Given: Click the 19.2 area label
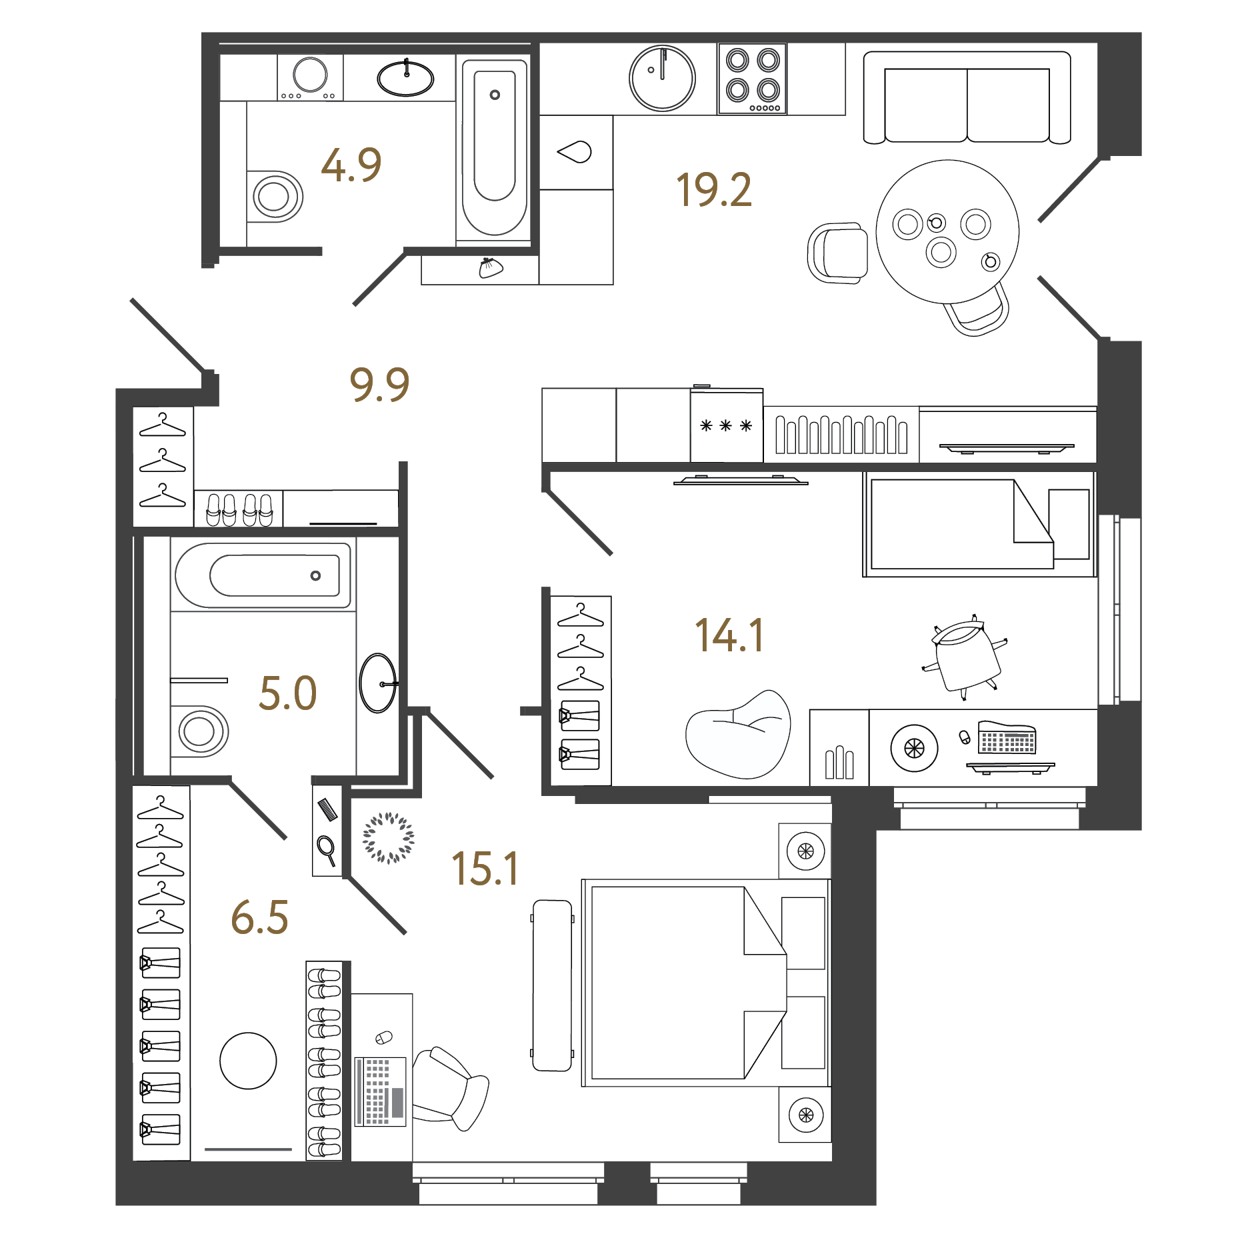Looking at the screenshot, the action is tap(714, 190).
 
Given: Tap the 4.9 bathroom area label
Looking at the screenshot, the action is tap(351, 165).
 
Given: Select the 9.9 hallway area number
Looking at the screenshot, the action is tap(379, 385).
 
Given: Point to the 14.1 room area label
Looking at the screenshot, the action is tap(729, 635).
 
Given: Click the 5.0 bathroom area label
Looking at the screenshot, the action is tap(288, 693).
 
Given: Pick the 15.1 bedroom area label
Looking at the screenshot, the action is tap(485, 869).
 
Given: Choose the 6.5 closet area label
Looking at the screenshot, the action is tap(259, 917).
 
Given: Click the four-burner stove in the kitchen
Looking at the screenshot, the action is tap(752, 79).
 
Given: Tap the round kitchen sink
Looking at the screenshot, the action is tap(662, 79).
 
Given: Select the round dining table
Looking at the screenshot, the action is tap(947, 231).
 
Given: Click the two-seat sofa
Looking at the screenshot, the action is tap(967, 97).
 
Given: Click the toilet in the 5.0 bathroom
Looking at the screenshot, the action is tap(199, 731).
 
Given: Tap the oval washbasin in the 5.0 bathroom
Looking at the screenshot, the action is tap(378, 683).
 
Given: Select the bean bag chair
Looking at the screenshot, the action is tap(739, 735).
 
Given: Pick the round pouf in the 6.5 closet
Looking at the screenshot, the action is tap(248, 1061).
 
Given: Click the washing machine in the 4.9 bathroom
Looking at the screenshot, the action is tap(310, 77).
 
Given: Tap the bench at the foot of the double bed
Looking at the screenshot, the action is tap(552, 985).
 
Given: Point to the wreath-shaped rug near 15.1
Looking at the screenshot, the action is tap(388, 837).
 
